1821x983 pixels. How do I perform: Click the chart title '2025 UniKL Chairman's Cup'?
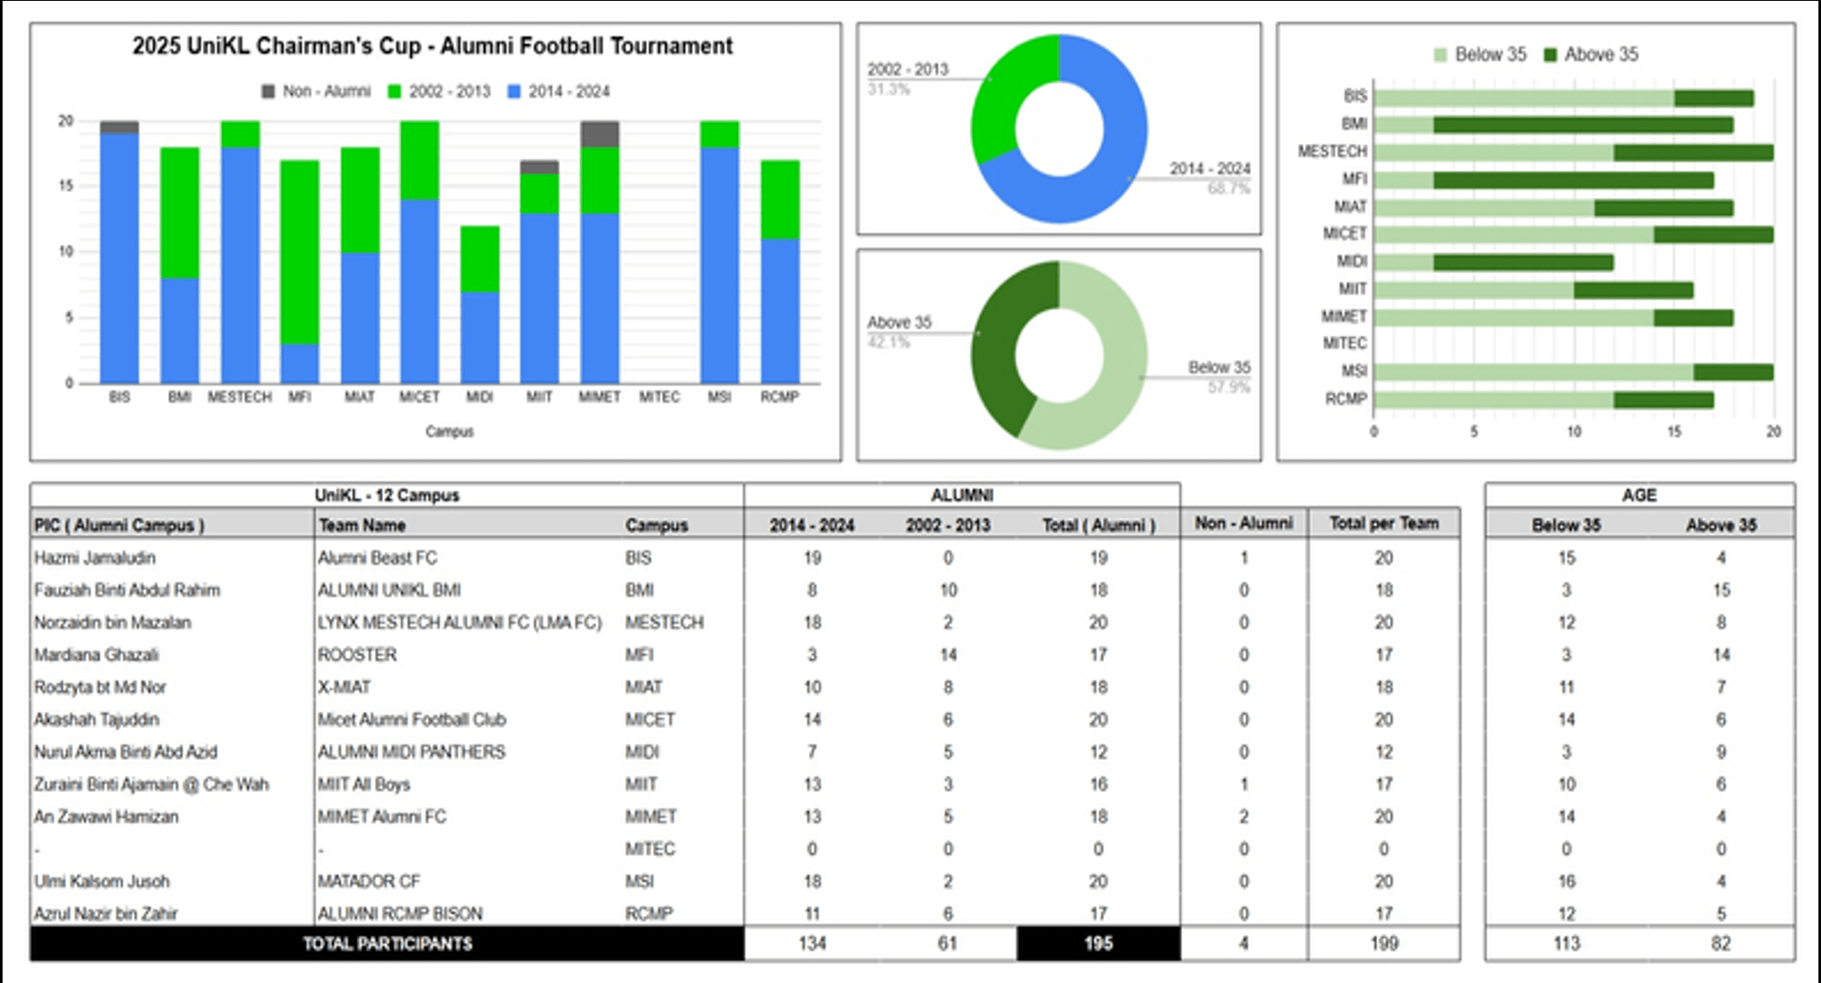coord(432,46)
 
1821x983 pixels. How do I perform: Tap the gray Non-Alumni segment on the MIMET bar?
coord(600,134)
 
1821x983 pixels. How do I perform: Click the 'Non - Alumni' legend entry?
coord(316,91)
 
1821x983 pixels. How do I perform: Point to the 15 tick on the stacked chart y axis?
coord(65,186)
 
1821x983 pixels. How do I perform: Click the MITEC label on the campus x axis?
coord(659,397)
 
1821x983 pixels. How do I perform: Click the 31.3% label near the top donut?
coord(889,90)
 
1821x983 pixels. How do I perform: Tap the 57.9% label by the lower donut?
coord(1228,388)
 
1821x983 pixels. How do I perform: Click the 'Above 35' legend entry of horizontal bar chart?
coord(1591,55)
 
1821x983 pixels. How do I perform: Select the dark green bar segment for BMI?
coord(1582,125)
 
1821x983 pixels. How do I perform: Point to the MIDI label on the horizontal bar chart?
coord(1351,262)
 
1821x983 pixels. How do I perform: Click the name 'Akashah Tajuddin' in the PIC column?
coord(97,719)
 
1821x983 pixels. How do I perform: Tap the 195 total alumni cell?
coord(1098,943)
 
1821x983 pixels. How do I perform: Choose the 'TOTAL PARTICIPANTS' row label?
coord(387,943)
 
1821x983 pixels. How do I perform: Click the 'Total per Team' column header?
coord(1383,523)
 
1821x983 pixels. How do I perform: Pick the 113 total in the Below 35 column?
coord(1566,943)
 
